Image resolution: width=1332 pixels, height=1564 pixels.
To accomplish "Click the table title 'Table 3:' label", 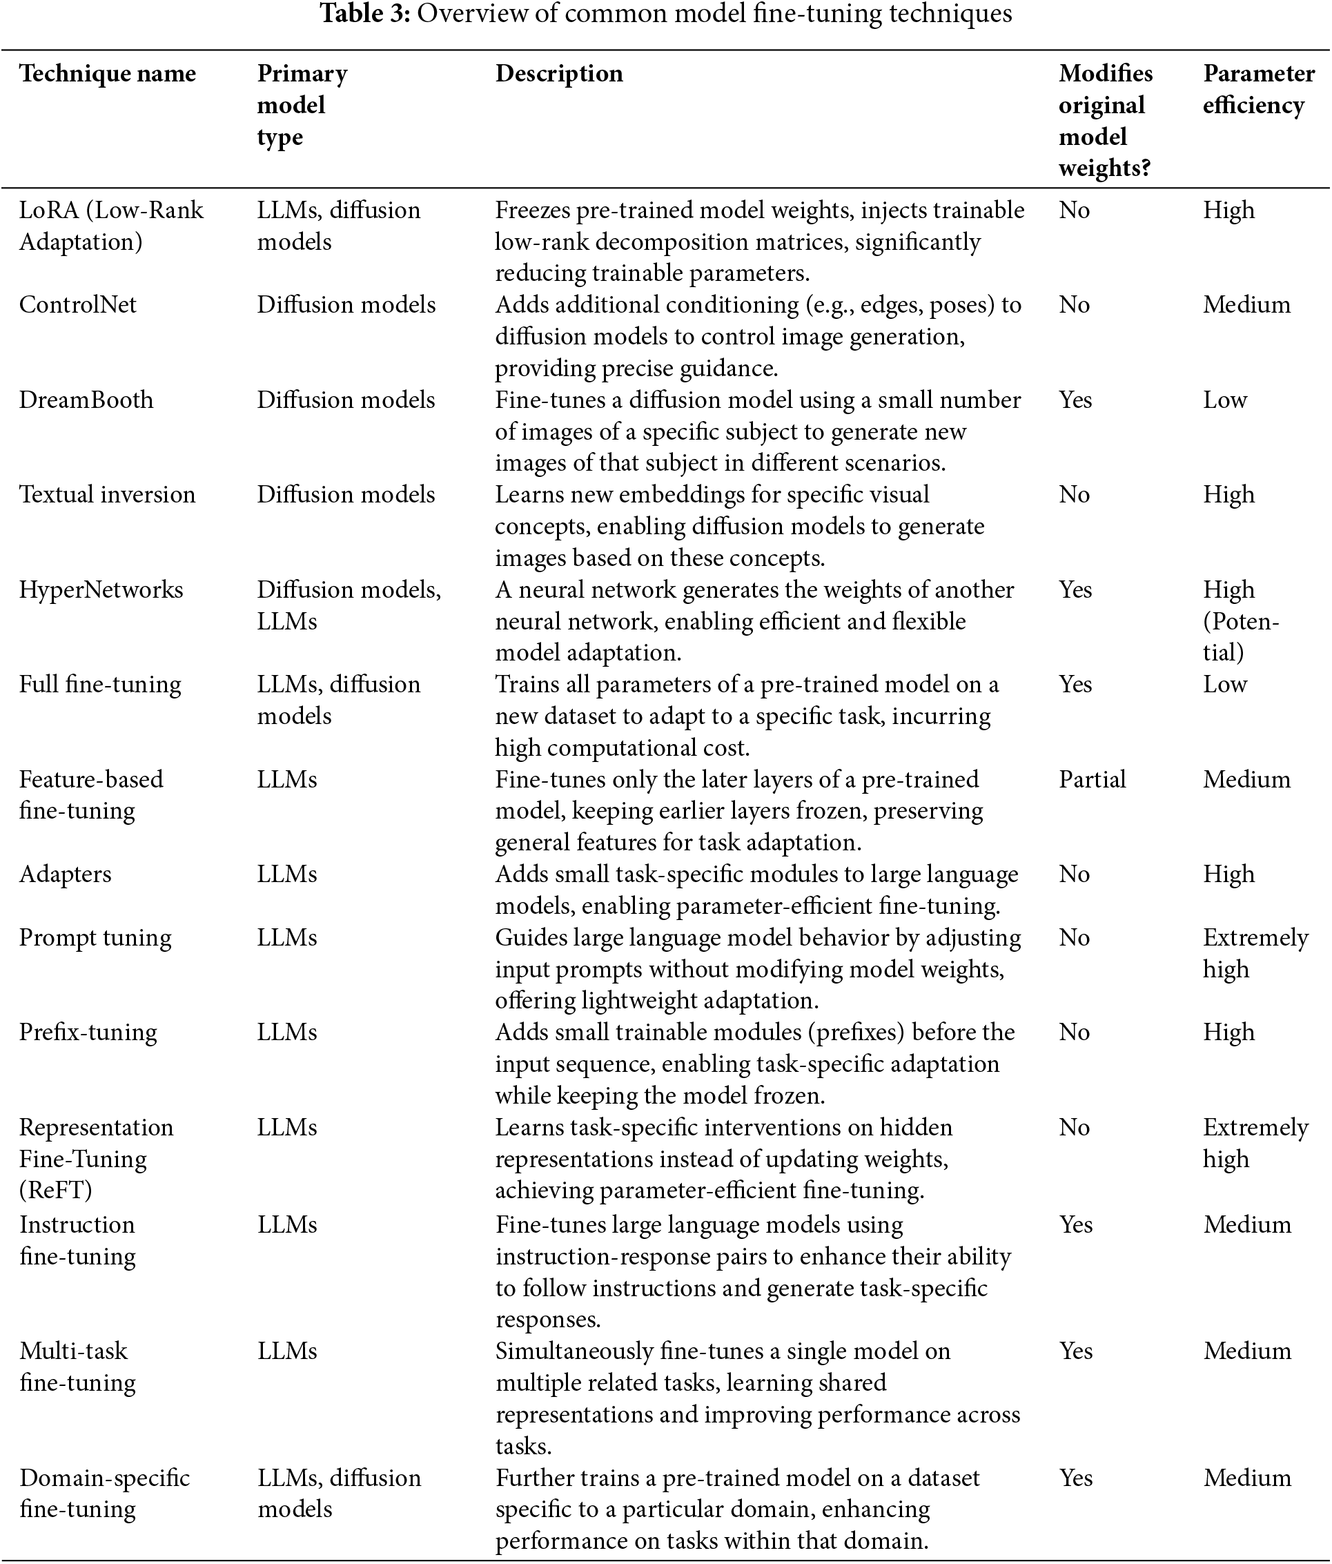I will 365,14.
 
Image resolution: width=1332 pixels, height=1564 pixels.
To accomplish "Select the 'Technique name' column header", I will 107,74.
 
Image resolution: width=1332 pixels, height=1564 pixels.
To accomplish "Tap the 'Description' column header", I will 558,74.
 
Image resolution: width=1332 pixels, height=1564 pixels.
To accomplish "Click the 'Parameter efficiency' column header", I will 1258,89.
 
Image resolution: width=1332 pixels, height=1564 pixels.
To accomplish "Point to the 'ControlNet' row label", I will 78,305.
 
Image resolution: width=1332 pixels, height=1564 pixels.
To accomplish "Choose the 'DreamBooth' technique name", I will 86,400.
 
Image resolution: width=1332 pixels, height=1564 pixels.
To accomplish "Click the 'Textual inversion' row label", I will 107,495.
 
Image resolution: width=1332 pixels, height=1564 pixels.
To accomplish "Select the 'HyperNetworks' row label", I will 101,589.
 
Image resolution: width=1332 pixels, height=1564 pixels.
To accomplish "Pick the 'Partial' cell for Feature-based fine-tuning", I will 1091,780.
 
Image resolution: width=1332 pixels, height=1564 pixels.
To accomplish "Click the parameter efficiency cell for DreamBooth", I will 1224,400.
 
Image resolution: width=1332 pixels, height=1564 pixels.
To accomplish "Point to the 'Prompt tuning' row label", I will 95,938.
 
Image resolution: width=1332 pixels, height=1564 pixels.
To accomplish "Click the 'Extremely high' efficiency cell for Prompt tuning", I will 1254,953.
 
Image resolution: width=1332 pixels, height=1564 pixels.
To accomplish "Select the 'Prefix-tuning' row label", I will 88,1033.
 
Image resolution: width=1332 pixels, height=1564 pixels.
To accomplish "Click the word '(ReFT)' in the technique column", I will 55,1191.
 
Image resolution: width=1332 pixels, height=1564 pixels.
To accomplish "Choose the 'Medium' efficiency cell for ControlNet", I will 1246,305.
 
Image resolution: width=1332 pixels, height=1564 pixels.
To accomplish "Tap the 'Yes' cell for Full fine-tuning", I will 1075,685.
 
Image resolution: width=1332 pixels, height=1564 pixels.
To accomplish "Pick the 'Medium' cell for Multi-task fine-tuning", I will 1246,1351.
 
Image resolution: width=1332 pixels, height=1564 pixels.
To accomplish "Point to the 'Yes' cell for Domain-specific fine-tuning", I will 1075,1477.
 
